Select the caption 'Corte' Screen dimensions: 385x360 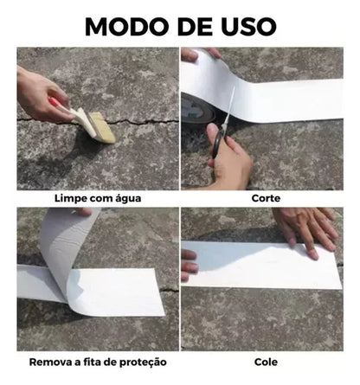pyautogui.click(x=266, y=198)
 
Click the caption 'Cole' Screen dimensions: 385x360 pyautogui.click(x=266, y=362)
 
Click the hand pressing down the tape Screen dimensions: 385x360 pyautogui.click(x=306, y=228)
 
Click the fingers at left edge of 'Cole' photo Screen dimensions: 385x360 pyautogui.click(x=189, y=264)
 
